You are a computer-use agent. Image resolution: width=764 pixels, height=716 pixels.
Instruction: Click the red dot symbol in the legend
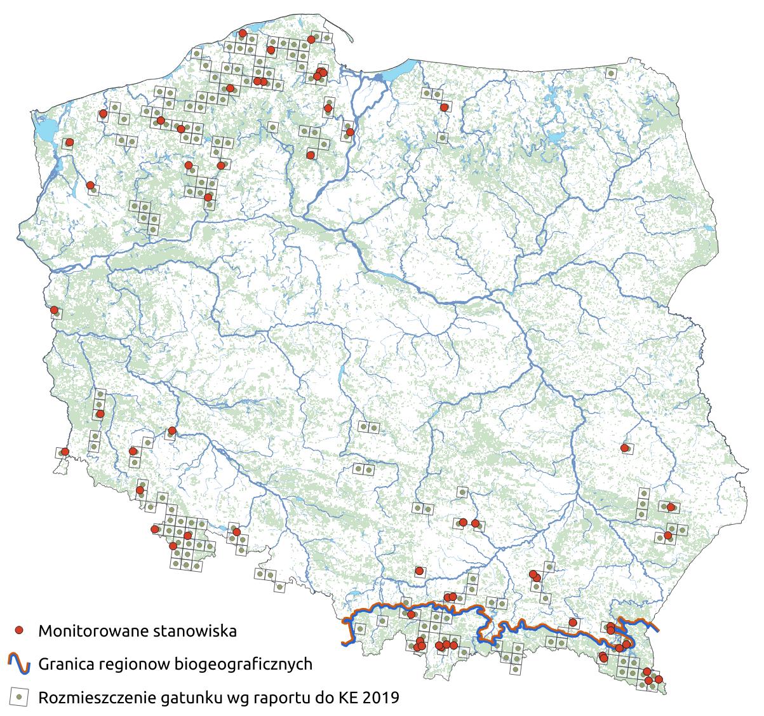[x=20, y=630]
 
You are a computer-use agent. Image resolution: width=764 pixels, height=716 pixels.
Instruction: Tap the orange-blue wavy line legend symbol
[x=20, y=664]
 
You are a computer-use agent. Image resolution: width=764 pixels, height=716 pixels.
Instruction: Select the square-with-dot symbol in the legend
[x=20, y=697]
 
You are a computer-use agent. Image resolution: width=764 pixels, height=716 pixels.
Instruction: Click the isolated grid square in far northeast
[x=610, y=73]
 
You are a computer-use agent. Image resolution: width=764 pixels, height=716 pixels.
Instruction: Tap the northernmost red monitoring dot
[x=243, y=33]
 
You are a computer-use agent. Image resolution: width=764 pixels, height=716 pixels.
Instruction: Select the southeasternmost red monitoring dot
[x=658, y=680]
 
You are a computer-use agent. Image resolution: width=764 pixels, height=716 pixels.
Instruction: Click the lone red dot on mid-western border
[x=55, y=310]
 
